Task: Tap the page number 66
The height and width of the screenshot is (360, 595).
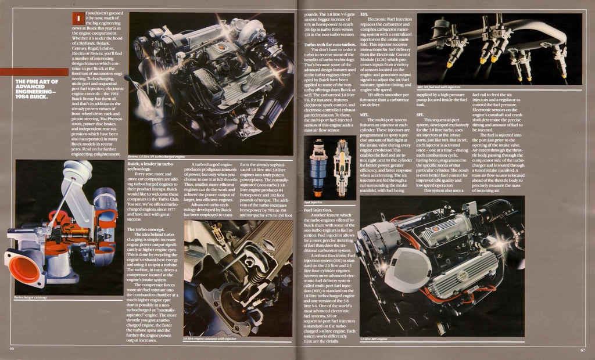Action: click(12, 348)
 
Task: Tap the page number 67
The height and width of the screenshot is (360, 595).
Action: click(582, 350)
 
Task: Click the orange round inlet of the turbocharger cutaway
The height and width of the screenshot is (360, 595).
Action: click(24, 269)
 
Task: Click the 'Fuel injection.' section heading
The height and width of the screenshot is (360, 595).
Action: click(318, 209)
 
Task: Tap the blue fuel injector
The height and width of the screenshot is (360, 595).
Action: click(317, 168)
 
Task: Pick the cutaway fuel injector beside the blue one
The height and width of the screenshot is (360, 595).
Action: click(342, 168)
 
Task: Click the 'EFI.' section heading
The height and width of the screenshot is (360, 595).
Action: click(364, 13)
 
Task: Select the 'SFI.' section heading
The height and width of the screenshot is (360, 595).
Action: click(420, 115)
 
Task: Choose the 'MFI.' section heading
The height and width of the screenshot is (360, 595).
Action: click(364, 115)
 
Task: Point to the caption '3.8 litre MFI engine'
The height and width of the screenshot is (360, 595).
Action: click(373, 339)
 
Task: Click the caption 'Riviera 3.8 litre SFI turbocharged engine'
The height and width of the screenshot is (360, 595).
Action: click(157, 157)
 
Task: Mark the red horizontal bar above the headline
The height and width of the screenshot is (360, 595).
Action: click(34, 72)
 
